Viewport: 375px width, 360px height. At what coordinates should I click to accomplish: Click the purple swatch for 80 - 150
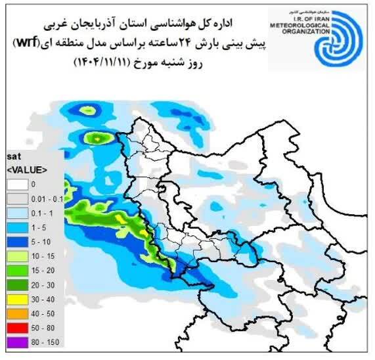point(16,342)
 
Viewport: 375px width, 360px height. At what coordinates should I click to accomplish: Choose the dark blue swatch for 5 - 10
point(16,241)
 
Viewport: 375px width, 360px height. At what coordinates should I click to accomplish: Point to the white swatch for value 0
point(16,183)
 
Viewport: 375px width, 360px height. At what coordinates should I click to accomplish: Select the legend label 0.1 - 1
point(41,212)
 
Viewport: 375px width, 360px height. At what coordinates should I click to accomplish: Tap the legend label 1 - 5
point(38,227)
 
